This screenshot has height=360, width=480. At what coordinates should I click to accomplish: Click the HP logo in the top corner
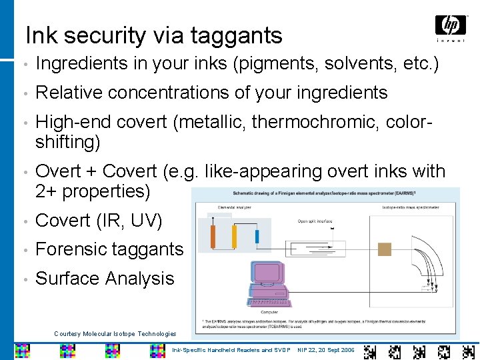(450, 26)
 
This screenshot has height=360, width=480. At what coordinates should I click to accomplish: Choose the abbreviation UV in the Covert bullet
(150, 220)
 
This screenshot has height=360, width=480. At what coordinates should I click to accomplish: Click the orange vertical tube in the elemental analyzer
(213, 235)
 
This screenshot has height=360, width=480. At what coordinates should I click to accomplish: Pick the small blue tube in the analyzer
(257, 235)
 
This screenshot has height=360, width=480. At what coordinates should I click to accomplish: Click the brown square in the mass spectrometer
(385, 249)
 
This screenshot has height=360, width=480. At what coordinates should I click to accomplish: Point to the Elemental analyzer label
(220, 208)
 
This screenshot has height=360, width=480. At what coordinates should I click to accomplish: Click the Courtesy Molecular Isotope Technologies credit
(115, 333)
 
